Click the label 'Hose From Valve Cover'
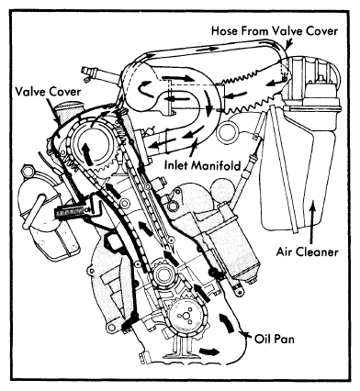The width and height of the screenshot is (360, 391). point(275,31)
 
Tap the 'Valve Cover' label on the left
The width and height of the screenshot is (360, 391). point(48,92)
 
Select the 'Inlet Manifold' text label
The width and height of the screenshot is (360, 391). point(203,165)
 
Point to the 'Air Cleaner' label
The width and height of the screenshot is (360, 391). point(307,252)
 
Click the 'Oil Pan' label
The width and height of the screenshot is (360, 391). point(275,339)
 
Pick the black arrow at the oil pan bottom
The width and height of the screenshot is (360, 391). point(209,351)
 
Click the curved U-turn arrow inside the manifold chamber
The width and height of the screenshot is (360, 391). point(146,89)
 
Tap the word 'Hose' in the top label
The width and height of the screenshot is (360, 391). point(224,31)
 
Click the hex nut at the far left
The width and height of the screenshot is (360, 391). point(26,171)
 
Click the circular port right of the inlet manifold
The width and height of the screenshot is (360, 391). point(227,131)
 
